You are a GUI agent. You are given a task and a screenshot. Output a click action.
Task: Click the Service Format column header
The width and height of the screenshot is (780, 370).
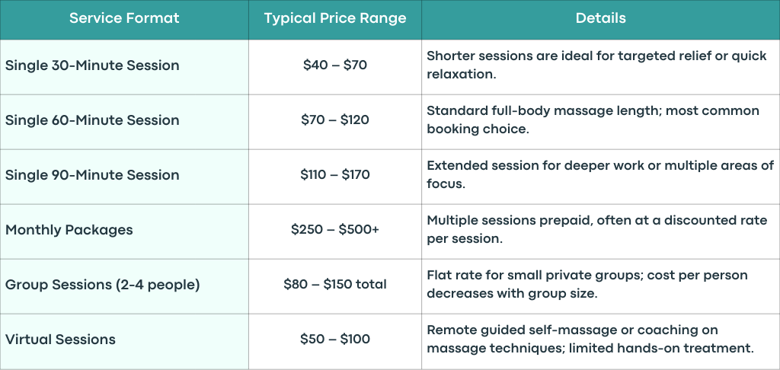click(124, 18)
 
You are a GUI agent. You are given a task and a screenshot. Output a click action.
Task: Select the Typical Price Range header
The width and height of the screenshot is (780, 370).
click(335, 18)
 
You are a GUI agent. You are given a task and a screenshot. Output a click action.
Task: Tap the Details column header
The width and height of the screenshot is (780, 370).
click(600, 18)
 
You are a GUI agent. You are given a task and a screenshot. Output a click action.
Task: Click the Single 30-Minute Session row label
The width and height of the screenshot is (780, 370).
click(92, 65)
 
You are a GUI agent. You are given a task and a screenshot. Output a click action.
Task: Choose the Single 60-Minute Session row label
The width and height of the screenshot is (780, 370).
click(92, 120)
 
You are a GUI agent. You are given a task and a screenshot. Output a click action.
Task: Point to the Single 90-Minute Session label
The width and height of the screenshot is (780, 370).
click(92, 174)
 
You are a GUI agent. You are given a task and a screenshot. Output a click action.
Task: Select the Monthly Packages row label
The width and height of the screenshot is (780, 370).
click(69, 230)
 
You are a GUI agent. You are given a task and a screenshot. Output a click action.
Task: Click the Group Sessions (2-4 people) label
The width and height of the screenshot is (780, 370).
click(103, 285)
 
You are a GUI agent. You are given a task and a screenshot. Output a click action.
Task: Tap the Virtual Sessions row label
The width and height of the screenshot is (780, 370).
click(60, 340)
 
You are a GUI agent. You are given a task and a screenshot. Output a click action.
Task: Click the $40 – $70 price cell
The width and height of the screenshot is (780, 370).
click(335, 65)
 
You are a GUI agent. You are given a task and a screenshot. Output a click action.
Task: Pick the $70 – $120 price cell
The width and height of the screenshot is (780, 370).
click(335, 120)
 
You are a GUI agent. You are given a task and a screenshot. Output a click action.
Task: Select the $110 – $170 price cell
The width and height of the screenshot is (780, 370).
click(335, 174)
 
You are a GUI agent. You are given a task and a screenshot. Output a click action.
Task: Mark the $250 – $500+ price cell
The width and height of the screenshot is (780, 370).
click(335, 230)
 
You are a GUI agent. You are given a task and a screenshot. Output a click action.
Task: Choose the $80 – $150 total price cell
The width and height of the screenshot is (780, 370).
click(335, 285)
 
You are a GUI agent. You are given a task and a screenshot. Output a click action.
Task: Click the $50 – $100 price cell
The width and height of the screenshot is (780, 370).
click(335, 340)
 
